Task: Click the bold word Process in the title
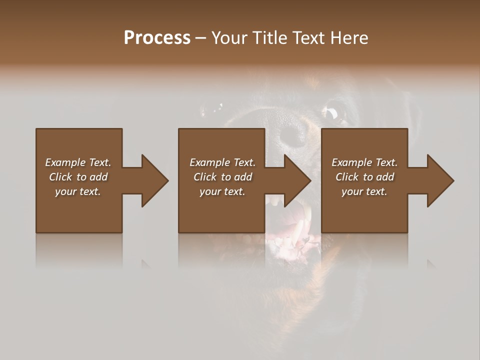click(157, 38)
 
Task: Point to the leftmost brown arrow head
click(154, 180)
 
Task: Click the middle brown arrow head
click(297, 180)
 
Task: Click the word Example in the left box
click(65, 162)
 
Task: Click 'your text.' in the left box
click(78, 191)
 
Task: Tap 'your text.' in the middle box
click(222, 191)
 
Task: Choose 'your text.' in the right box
click(364, 191)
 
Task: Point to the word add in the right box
click(385, 177)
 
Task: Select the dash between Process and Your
click(201, 38)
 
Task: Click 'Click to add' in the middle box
click(223, 177)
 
